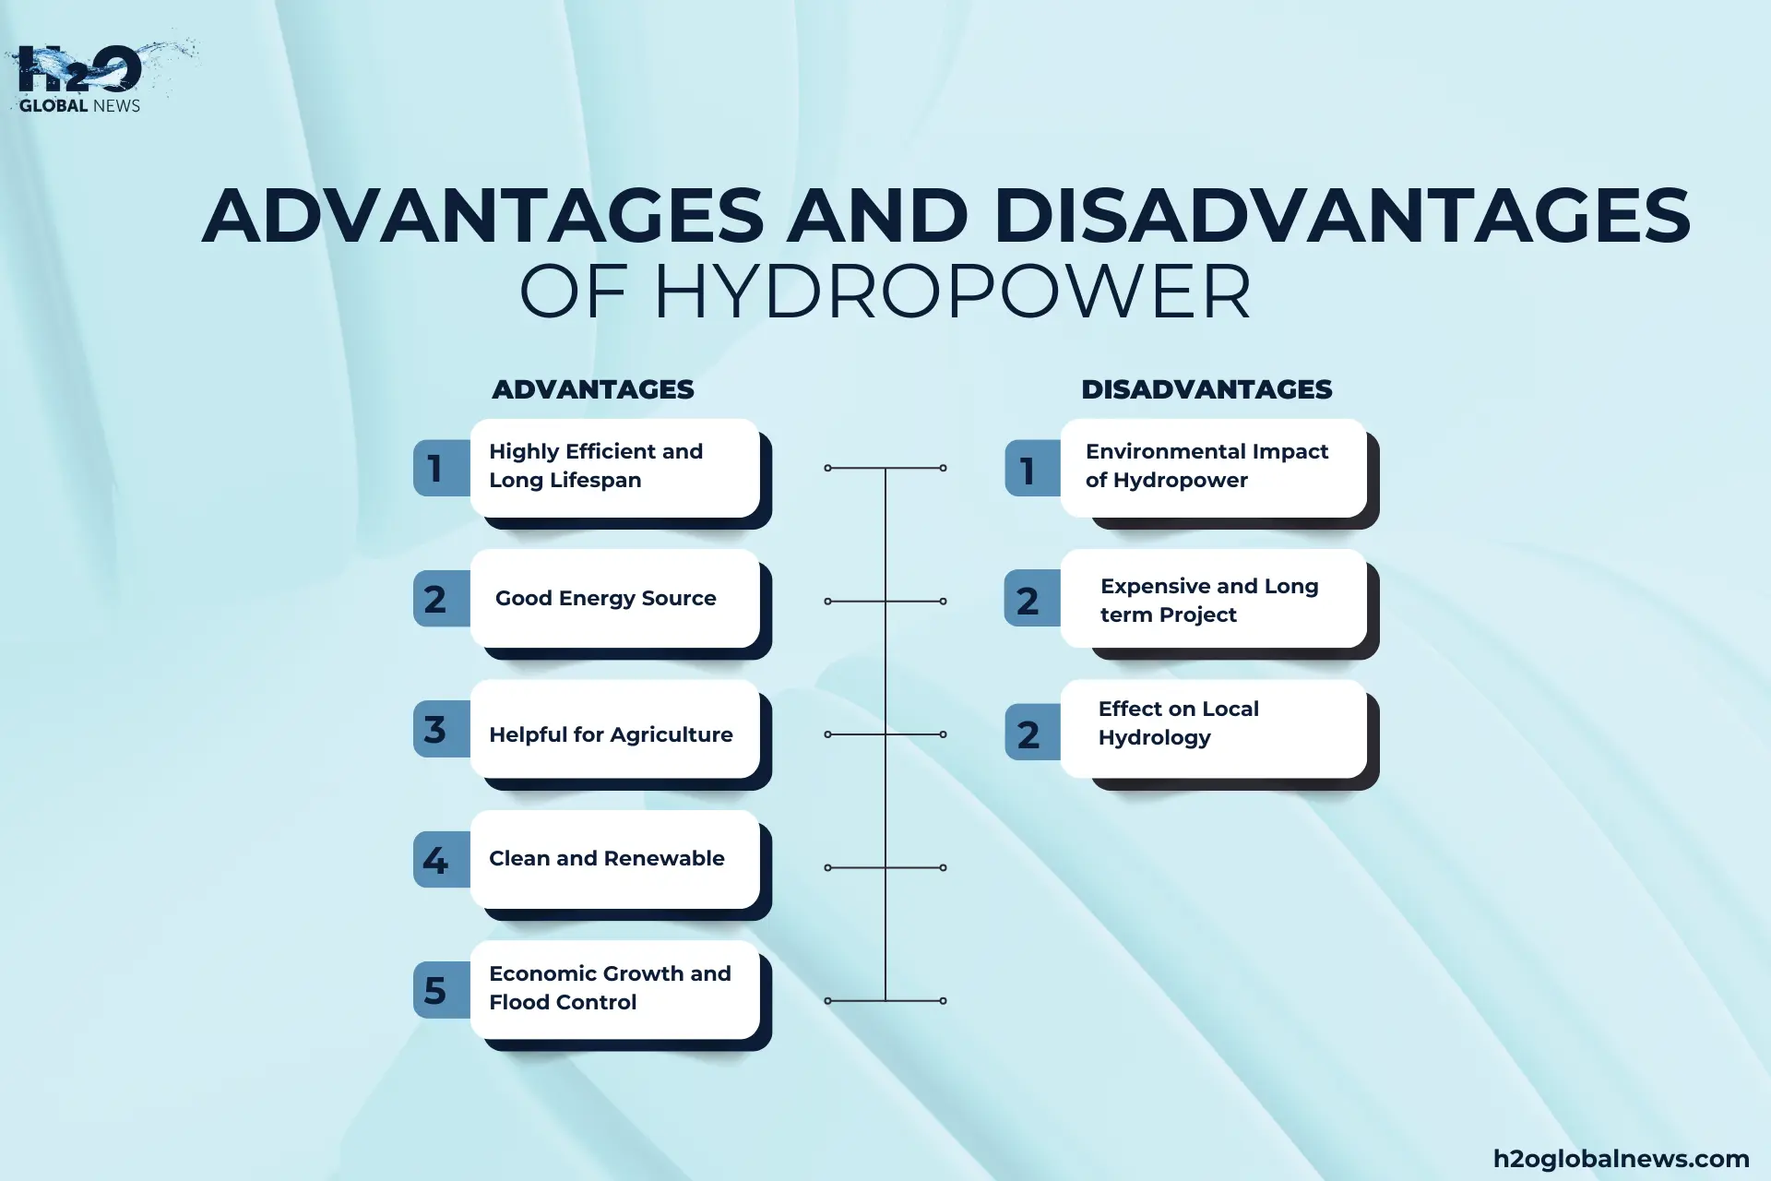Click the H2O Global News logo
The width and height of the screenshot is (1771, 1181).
coord(81,78)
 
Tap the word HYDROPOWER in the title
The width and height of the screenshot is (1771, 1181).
coord(951,292)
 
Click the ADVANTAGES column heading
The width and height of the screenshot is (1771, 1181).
coord(592,389)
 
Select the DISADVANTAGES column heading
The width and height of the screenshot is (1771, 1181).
coord(1206,389)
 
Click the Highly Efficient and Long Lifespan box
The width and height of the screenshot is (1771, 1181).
coord(614,467)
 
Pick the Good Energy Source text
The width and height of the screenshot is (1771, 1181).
coord(605,598)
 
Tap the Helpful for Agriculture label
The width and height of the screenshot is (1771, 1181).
coord(611,734)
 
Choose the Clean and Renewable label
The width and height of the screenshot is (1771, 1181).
coord(606,858)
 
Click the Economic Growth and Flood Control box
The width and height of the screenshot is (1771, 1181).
coord(614,989)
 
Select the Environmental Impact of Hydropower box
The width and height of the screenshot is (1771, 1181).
coord(1212,467)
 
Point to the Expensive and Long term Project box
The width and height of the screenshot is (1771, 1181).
coord(1212,600)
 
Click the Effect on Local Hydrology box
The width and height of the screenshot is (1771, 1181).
coord(1212,729)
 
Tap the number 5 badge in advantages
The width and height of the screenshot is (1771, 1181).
coord(435,990)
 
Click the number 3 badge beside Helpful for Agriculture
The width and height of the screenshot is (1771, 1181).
coord(435,729)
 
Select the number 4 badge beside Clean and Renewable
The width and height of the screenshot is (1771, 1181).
coord(435,860)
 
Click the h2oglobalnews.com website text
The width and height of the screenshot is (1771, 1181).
coord(1621,1159)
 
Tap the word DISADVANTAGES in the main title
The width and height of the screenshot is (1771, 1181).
coord(1342,216)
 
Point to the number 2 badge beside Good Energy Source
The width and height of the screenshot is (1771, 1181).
coord(435,599)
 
